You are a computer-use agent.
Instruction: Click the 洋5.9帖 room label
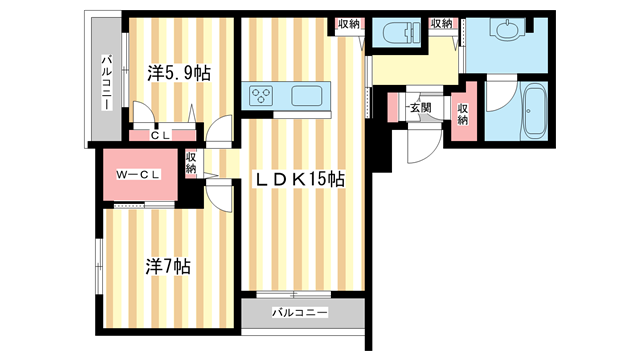[x=178, y=72]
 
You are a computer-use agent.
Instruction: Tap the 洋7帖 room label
[x=168, y=267]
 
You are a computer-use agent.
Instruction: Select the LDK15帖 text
[x=297, y=180]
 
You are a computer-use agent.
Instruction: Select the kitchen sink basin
[x=305, y=97]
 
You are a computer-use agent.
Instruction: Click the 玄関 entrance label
[x=419, y=107]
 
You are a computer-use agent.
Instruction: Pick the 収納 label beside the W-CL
[x=191, y=162]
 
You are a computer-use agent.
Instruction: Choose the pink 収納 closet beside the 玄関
[x=462, y=113]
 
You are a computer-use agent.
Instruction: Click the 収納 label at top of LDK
[x=347, y=23]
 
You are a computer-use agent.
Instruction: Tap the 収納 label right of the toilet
[x=441, y=23]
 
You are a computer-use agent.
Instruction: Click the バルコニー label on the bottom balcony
[x=299, y=314]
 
